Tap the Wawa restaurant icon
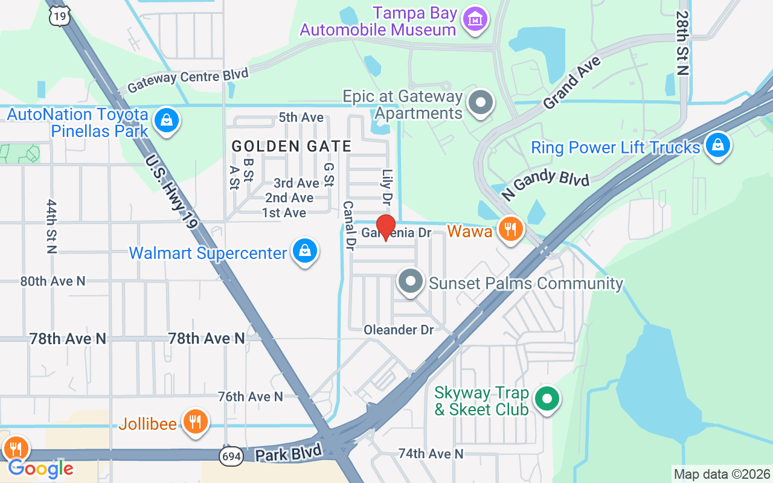click(x=511, y=229)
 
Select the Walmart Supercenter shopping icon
click(x=305, y=252)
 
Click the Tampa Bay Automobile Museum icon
click(x=475, y=20)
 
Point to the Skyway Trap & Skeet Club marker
click(x=547, y=399)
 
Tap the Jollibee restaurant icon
click(x=194, y=422)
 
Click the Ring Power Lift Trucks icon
click(x=717, y=146)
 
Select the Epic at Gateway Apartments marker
click(x=481, y=103)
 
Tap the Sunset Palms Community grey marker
click(x=411, y=281)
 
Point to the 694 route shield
click(x=230, y=456)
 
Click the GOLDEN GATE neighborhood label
click(x=291, y=146)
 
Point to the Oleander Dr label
click(x=399, y=330)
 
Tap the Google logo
click(x=40, y=469)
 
